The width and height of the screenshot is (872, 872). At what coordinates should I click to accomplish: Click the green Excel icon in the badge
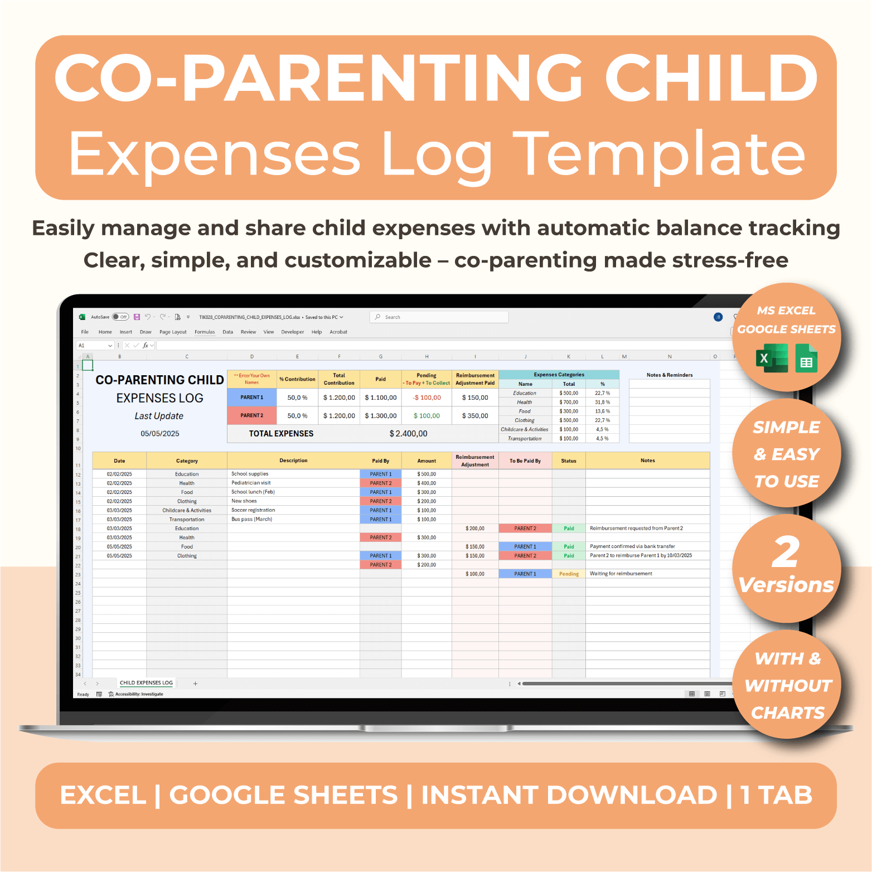(772, 358)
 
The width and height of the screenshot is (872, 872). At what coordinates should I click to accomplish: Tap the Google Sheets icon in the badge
(806, 359)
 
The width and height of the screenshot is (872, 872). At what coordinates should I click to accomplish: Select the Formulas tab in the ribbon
(205, 332)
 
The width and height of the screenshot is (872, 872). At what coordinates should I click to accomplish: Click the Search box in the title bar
(439, 317)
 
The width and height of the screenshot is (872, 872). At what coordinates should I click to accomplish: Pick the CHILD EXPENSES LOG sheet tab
(146, 683)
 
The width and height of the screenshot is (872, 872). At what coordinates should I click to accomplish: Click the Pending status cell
(569, 574)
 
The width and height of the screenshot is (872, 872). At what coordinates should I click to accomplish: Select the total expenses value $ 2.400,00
(408, 434)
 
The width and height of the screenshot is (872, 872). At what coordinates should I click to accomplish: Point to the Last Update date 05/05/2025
(160, 434)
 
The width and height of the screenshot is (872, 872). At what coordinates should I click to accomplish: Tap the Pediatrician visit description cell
(251, 483)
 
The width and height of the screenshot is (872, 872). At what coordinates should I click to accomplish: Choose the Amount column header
(427, 461)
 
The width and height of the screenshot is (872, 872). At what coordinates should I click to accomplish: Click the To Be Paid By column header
(525, 461)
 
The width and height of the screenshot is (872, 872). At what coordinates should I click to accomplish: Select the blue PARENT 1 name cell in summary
(252, 398)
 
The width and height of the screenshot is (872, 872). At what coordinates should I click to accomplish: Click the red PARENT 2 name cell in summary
(252, 415)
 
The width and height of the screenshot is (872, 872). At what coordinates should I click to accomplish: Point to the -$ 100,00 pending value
(427, 398)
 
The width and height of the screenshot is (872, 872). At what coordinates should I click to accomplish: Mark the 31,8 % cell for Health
(602, 402)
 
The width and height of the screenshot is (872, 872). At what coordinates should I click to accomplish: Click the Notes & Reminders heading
(670, 375)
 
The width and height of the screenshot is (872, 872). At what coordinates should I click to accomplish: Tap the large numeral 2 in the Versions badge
(786, 552)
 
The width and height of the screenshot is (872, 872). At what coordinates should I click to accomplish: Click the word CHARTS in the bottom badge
(787, 713)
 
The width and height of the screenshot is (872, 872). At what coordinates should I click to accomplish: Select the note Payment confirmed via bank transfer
(632, 546)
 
